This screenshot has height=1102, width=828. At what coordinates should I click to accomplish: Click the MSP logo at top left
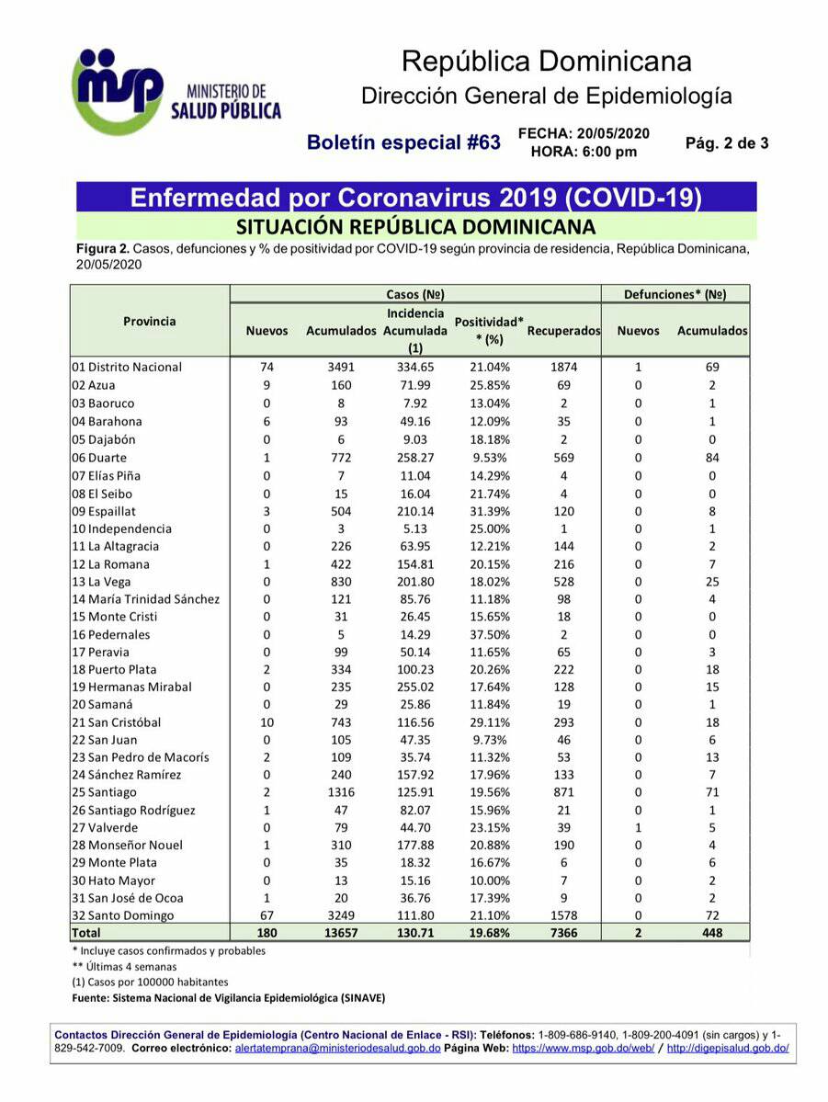point(117,91)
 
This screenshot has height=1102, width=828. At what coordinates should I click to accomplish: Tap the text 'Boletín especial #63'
point(403,142)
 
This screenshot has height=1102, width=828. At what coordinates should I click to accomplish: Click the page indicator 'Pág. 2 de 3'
point(727,142)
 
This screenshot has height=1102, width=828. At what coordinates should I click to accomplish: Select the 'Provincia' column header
point(150,321)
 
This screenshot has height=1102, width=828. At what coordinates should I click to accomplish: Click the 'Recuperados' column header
point(563,331)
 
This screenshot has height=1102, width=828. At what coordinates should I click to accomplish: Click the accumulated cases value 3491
point(341,367)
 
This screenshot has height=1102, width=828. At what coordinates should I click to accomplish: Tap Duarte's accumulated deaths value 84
point(712,457)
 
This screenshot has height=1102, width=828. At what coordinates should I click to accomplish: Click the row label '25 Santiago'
point(104,792)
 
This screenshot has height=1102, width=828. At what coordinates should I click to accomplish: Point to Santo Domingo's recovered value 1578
point(563,915)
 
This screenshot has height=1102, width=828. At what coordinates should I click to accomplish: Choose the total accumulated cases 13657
point(341,933)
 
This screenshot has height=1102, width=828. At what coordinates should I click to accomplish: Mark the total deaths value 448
point(712,933)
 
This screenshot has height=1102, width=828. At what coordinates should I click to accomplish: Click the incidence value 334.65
point(414,367)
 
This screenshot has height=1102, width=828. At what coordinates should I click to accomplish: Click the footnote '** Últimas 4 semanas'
point(124,967)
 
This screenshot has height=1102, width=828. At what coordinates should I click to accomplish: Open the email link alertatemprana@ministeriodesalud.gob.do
point(337,1048)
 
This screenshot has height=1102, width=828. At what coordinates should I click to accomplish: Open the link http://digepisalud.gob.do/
point(728,1048)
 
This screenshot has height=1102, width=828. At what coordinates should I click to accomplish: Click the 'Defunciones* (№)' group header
point(675,295)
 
